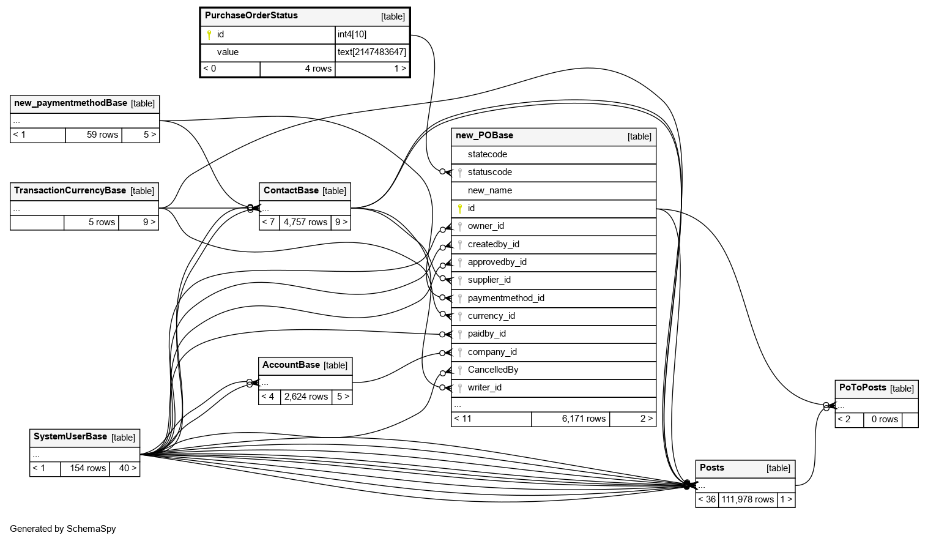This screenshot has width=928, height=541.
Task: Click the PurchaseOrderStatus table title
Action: click(x=251, y=16)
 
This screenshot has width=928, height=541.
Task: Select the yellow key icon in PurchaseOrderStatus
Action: click(x=209, y=35)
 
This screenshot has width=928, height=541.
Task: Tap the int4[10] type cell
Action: click(x=352, y=35)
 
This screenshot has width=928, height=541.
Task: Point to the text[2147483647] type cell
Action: click(x=371, y=53)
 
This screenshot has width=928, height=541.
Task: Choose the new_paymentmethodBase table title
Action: click(x=70, y=103)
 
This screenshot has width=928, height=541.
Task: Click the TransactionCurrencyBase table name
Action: click(x=70, y=191)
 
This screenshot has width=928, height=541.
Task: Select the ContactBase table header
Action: click(x=291, y=191)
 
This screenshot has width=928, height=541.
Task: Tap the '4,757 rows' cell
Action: click(x=305, y=223)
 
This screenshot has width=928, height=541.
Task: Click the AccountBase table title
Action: click(x=291, y=365)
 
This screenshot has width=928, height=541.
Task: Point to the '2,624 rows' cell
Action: click(x=306, y=397)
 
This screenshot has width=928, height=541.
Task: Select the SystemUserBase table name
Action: click(x=70, y=437)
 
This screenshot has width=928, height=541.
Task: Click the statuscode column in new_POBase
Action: click(x=489, y=173)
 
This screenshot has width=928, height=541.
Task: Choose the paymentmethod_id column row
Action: click(x=506, y=299)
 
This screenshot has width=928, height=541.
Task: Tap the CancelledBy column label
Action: click(x=492, y=370)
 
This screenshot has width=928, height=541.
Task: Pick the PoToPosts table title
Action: click(x=863, y=388)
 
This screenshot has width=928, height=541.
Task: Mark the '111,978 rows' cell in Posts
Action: click(x=748, y=500)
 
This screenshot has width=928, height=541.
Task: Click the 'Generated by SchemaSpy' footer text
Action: click(x=63, y=529)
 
